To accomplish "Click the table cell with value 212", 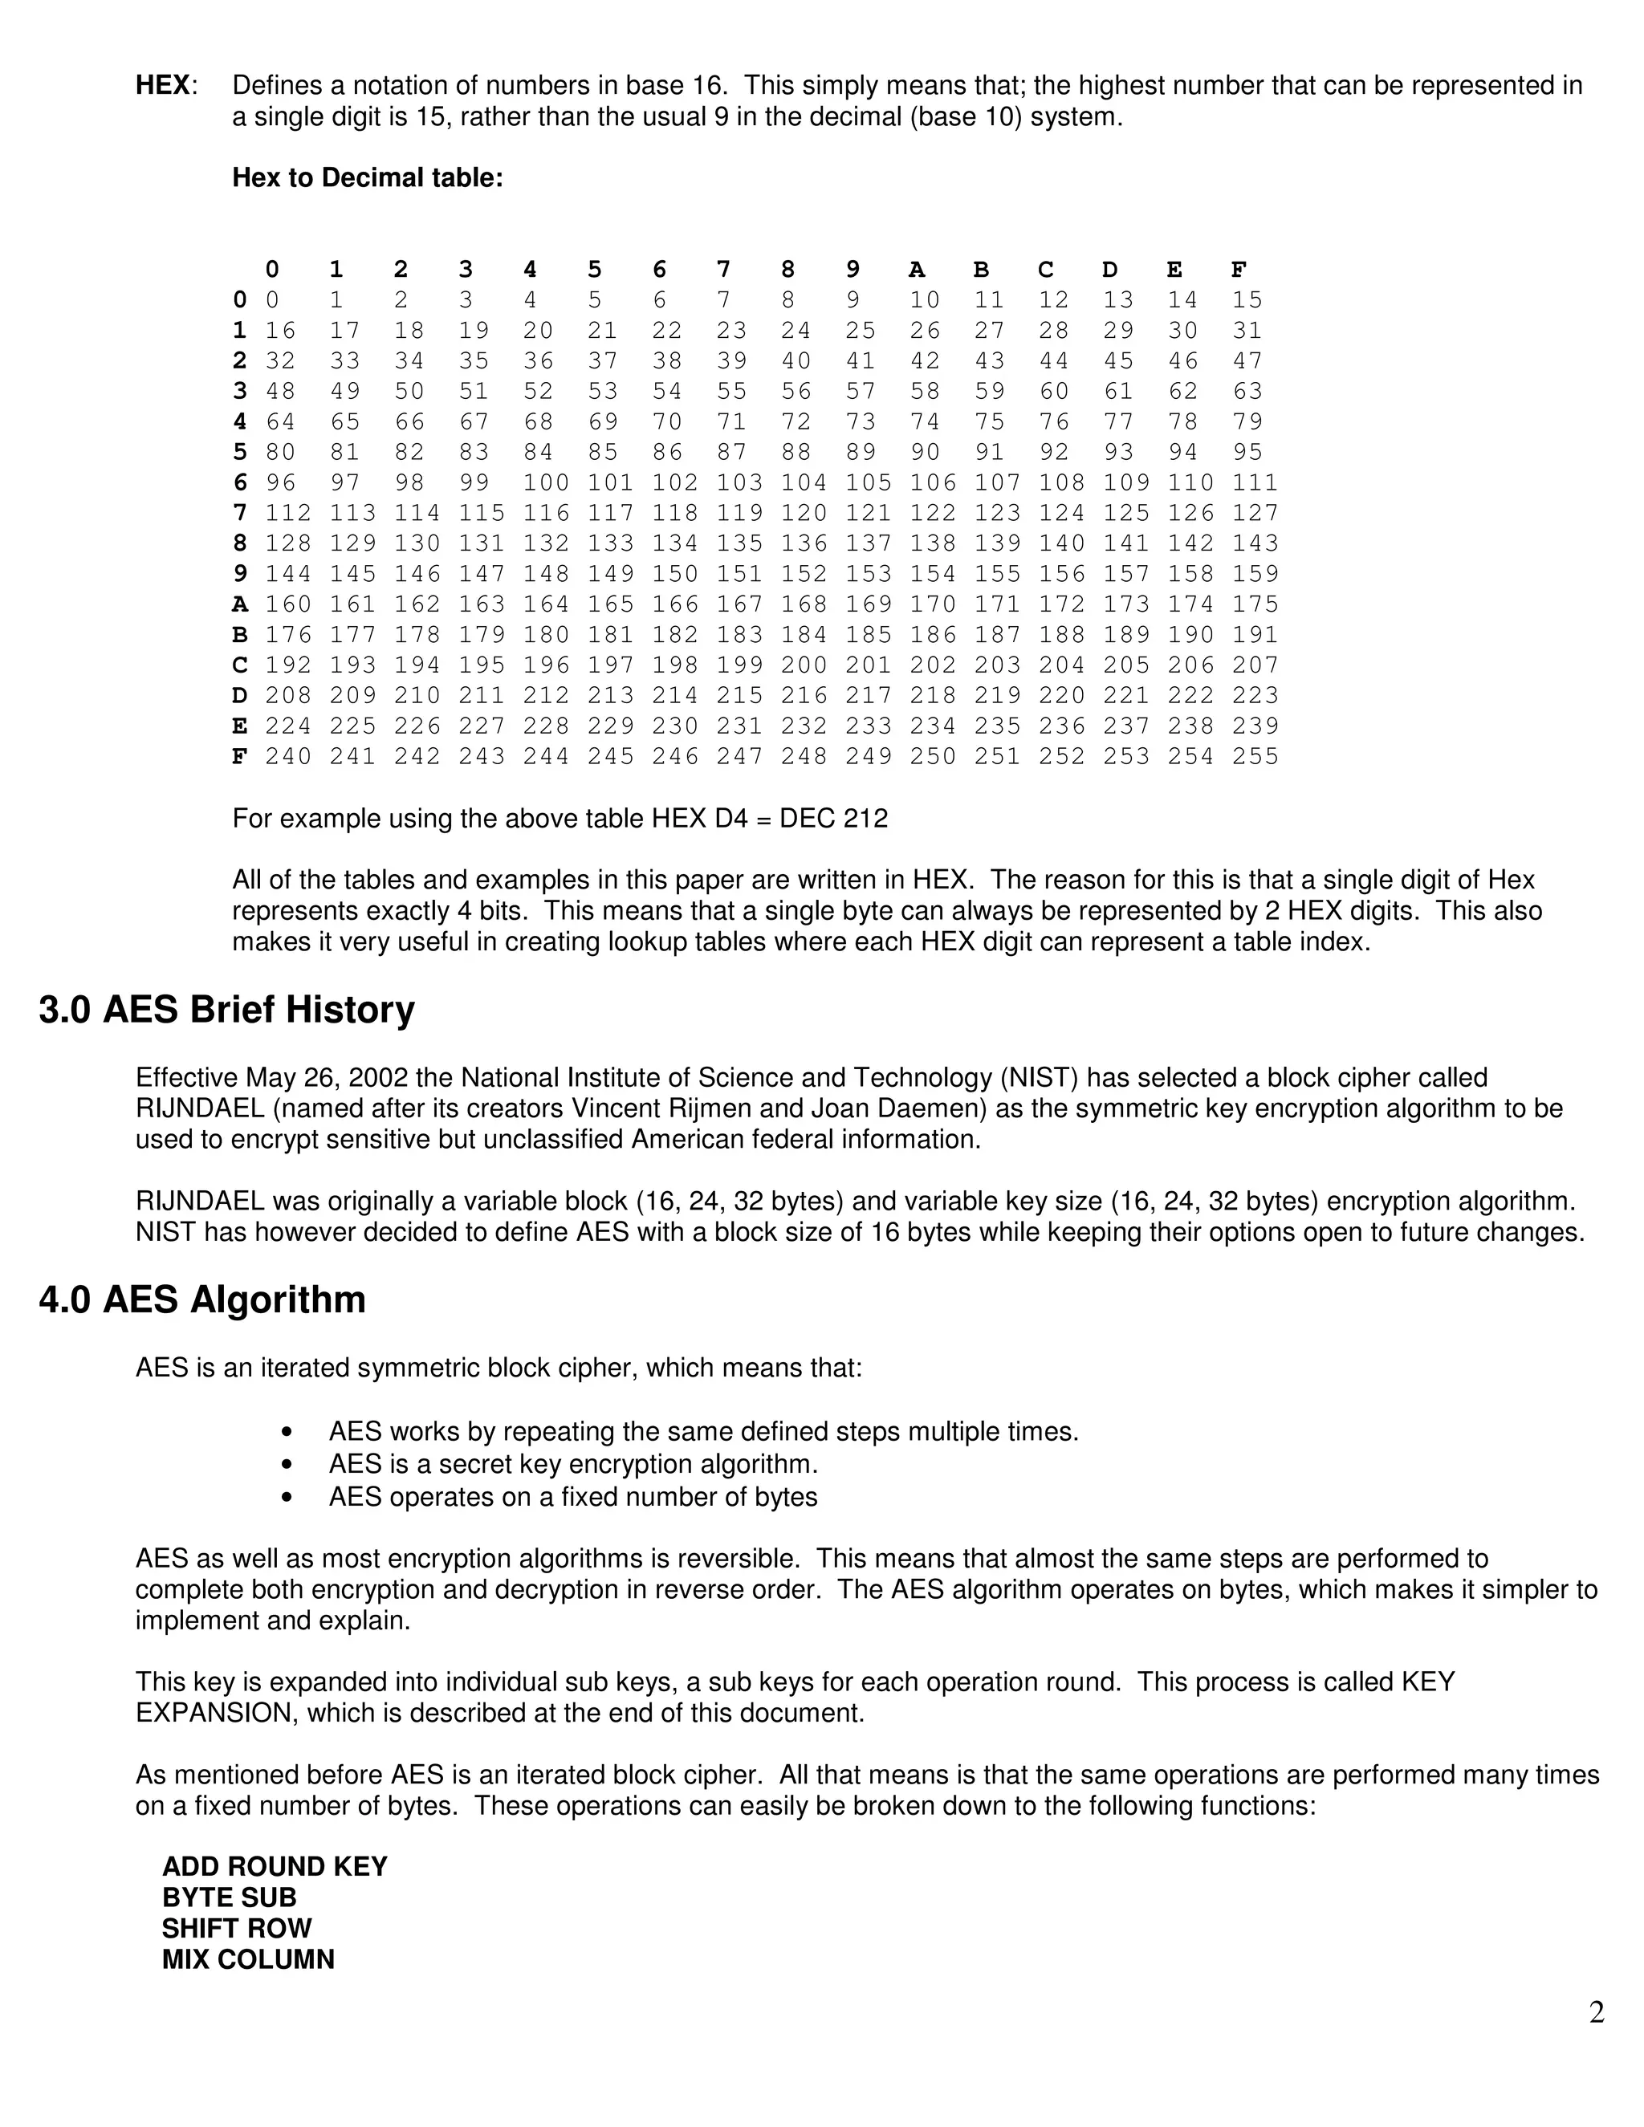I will click(545, 695).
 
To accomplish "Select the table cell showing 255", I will click(1255, 757).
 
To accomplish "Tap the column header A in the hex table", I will click(917, 270).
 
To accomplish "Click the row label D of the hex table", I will click(239, 695).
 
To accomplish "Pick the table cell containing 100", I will click(545, 483).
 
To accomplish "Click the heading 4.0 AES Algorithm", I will click(201, 1300).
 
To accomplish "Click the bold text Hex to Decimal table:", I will click(367, 178).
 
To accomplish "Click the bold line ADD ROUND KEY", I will click(275, 1867).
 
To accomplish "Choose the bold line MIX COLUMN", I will click(248, 1959).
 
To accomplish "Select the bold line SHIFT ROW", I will click(237, 1928).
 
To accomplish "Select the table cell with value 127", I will click(1255, 513).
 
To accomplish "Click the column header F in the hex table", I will click(1239, 270).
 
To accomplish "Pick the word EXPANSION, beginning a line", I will click(214, 1713).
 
